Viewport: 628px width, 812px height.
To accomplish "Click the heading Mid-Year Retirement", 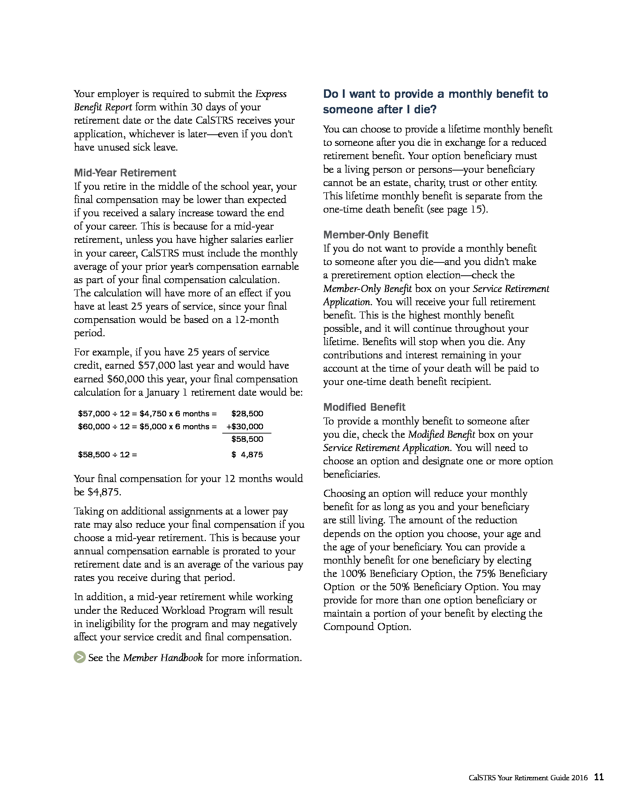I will coord(124,173).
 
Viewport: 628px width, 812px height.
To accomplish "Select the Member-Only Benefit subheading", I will coord(375,235).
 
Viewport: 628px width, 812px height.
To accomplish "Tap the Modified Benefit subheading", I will coord(364,407).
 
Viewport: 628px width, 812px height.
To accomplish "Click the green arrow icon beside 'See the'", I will coord(80,657).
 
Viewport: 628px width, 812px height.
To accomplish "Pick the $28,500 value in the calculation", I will coord(247,414).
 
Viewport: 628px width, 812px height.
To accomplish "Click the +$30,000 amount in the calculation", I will coord(245,427).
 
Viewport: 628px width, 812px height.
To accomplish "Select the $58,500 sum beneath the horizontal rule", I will coord(247,439).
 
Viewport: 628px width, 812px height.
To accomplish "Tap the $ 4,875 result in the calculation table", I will coord(247,454).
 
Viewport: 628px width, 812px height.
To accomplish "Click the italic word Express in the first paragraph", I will coord(270,94).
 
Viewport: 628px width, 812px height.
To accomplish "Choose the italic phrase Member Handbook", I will coord(163,658).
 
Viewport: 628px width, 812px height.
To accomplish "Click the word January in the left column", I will coord(163,393).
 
